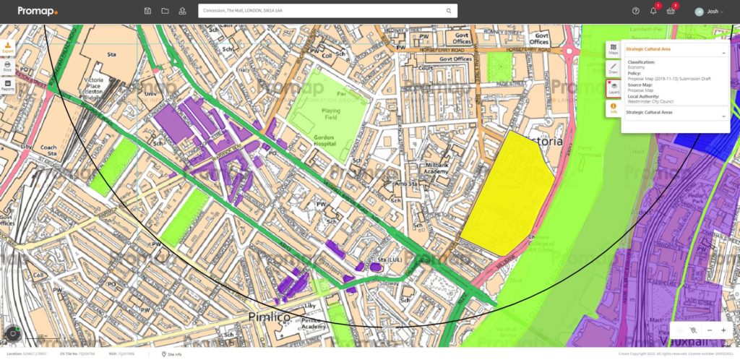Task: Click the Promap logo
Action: point(38,11)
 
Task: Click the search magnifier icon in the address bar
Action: point(449,11)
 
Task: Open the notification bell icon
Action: point(653,11)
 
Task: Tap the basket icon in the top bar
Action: point(671,11)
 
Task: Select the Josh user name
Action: point(713,12)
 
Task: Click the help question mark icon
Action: point(636,11)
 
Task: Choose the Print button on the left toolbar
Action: point(7,67)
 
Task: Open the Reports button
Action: point(7,85)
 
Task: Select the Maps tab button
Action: point(613,49)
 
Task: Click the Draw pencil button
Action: point(613,68)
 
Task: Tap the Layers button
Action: point(614,87)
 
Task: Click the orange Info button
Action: point(613,108)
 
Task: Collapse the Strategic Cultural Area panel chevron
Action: point(723,53)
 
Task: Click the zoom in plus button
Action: point(723,330)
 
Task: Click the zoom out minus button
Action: point(710,330)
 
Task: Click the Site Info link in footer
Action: point(173,354)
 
